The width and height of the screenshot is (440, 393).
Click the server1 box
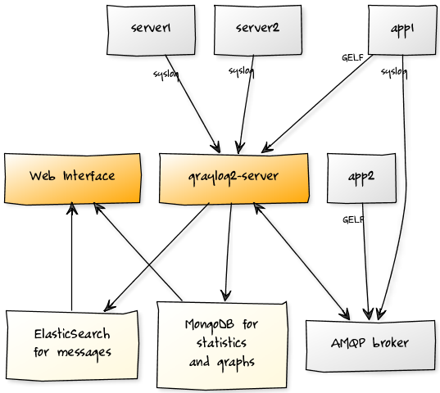pos(151,30)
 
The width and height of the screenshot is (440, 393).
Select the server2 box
pos(258,30)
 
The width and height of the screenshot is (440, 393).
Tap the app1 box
pos(402,29)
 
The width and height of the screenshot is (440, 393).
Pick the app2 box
pos(361,178)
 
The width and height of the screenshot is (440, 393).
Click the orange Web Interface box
pos(72,178)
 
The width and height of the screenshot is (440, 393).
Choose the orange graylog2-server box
pos(234,178)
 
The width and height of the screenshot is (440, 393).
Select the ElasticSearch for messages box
pos(72,345)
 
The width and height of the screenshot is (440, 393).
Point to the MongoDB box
pos(222,346)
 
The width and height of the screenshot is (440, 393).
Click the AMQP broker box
pos(370,346)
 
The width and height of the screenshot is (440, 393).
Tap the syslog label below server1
pos(166,75)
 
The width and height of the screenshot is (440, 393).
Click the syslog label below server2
pos(242,71)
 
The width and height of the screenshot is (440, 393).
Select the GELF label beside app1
pos(352,58)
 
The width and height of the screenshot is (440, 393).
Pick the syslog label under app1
pos(394,72)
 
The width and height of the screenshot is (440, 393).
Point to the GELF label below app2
pos(353,219)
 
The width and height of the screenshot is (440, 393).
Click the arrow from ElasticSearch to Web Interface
pos(72,256)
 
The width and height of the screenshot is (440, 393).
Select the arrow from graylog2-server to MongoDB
pos(229,252)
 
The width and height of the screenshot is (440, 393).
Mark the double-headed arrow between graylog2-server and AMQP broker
pos(302,261)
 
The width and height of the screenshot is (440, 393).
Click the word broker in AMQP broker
pos(391,342)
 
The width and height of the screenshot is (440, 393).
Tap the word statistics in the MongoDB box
pos(221,342)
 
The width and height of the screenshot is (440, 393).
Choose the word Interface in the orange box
pos(89,176)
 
